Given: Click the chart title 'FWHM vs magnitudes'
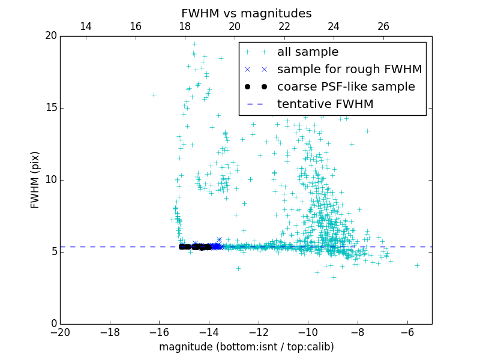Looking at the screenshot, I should pyautogui.click(x=246, y=13).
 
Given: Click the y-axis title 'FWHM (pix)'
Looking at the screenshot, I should pyautogui.click(x=35, y=179).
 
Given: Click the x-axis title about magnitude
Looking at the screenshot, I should pyautogui.click(x=246, y=347).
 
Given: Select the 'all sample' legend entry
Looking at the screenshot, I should pyautogui.click(x=308, y=52).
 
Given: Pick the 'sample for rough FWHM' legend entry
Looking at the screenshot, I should pyautogui.click(x=349, y=70).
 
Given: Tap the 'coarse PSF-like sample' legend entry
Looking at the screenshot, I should pyautogui.click(x=346, y=87).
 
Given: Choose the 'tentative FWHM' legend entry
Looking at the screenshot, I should pyautogui.click(x=325, y=104).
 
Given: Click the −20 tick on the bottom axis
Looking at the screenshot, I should pyautogui.click(x=60, y=332).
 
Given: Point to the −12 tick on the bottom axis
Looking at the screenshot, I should pyautogui.click(x=258, y=332).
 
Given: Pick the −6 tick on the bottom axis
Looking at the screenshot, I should pyautogui.click(x=407, y=332).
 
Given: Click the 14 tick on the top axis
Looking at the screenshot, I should pyautogui.click(x=86, y=26).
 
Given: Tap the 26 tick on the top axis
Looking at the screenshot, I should pyautogui.click(x=383, y=26).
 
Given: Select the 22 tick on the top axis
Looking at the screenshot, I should pyautogui.click(x=284, y=26).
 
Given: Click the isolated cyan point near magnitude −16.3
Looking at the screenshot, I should pyautogui.click(x=154, y=95).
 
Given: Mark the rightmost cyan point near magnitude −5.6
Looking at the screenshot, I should pyautogui.click(x=417, y=265).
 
